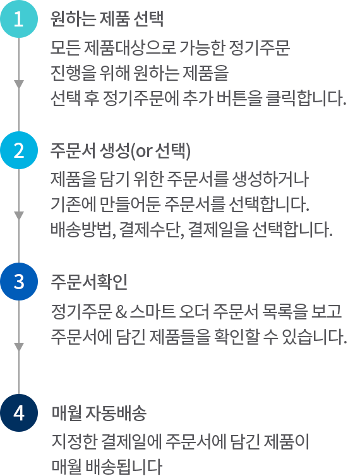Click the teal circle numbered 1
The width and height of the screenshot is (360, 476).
pyautogui.click(x=19, y=19)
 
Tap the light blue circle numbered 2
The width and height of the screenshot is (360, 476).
pyautogui.click(x=19, y=150)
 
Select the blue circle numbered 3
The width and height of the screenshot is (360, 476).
pyautogui.click(x=19, y=282)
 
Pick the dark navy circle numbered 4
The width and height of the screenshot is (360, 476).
pyautogui.click(x=19, y=413)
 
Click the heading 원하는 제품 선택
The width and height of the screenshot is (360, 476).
pyautogui.click(x=107, y=19)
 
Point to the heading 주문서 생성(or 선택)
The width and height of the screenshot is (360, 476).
pyautogui.click(x=120, y=151)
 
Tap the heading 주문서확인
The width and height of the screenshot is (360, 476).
pyautogui.click(x=88, y=282)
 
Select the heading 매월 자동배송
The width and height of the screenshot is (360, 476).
pyautogui.click(x=99, y=413)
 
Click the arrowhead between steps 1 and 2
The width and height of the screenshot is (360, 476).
pyautogui.click(x=19, y=85)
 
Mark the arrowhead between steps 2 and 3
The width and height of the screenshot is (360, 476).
pyautogui.click(x=19, y=216)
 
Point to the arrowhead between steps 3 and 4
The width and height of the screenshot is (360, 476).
pyautogui.click(x=19, y=347)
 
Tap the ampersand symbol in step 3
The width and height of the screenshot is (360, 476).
pyautogui.click(x=121, y=312)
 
